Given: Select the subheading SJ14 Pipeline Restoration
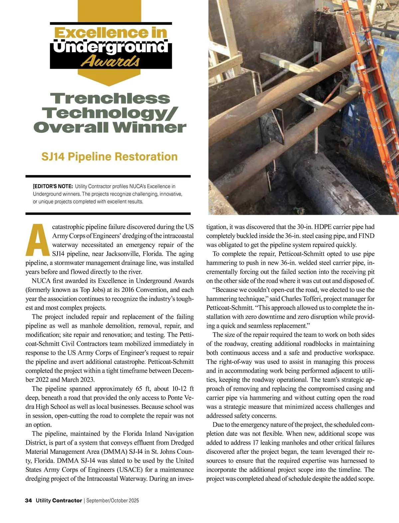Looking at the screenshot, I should tap(109, 156).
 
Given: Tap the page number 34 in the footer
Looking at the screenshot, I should tap(29, 500).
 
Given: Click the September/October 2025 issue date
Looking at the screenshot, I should tap(113, 500).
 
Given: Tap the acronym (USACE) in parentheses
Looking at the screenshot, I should tap(127, 470).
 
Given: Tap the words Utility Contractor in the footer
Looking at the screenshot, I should tap(59, 500).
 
